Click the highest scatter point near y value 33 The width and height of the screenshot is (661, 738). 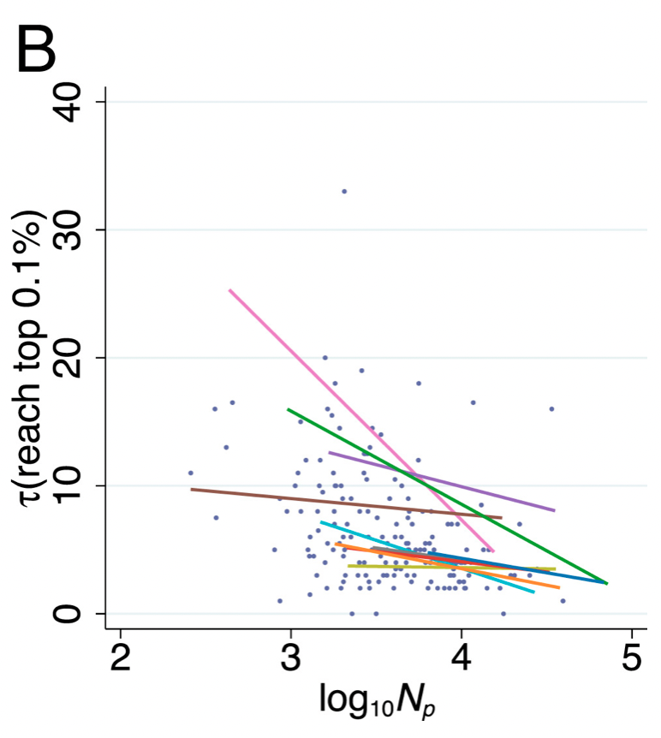[x=344, y=191]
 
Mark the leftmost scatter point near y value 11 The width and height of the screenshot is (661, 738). [x=190, y=473]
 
